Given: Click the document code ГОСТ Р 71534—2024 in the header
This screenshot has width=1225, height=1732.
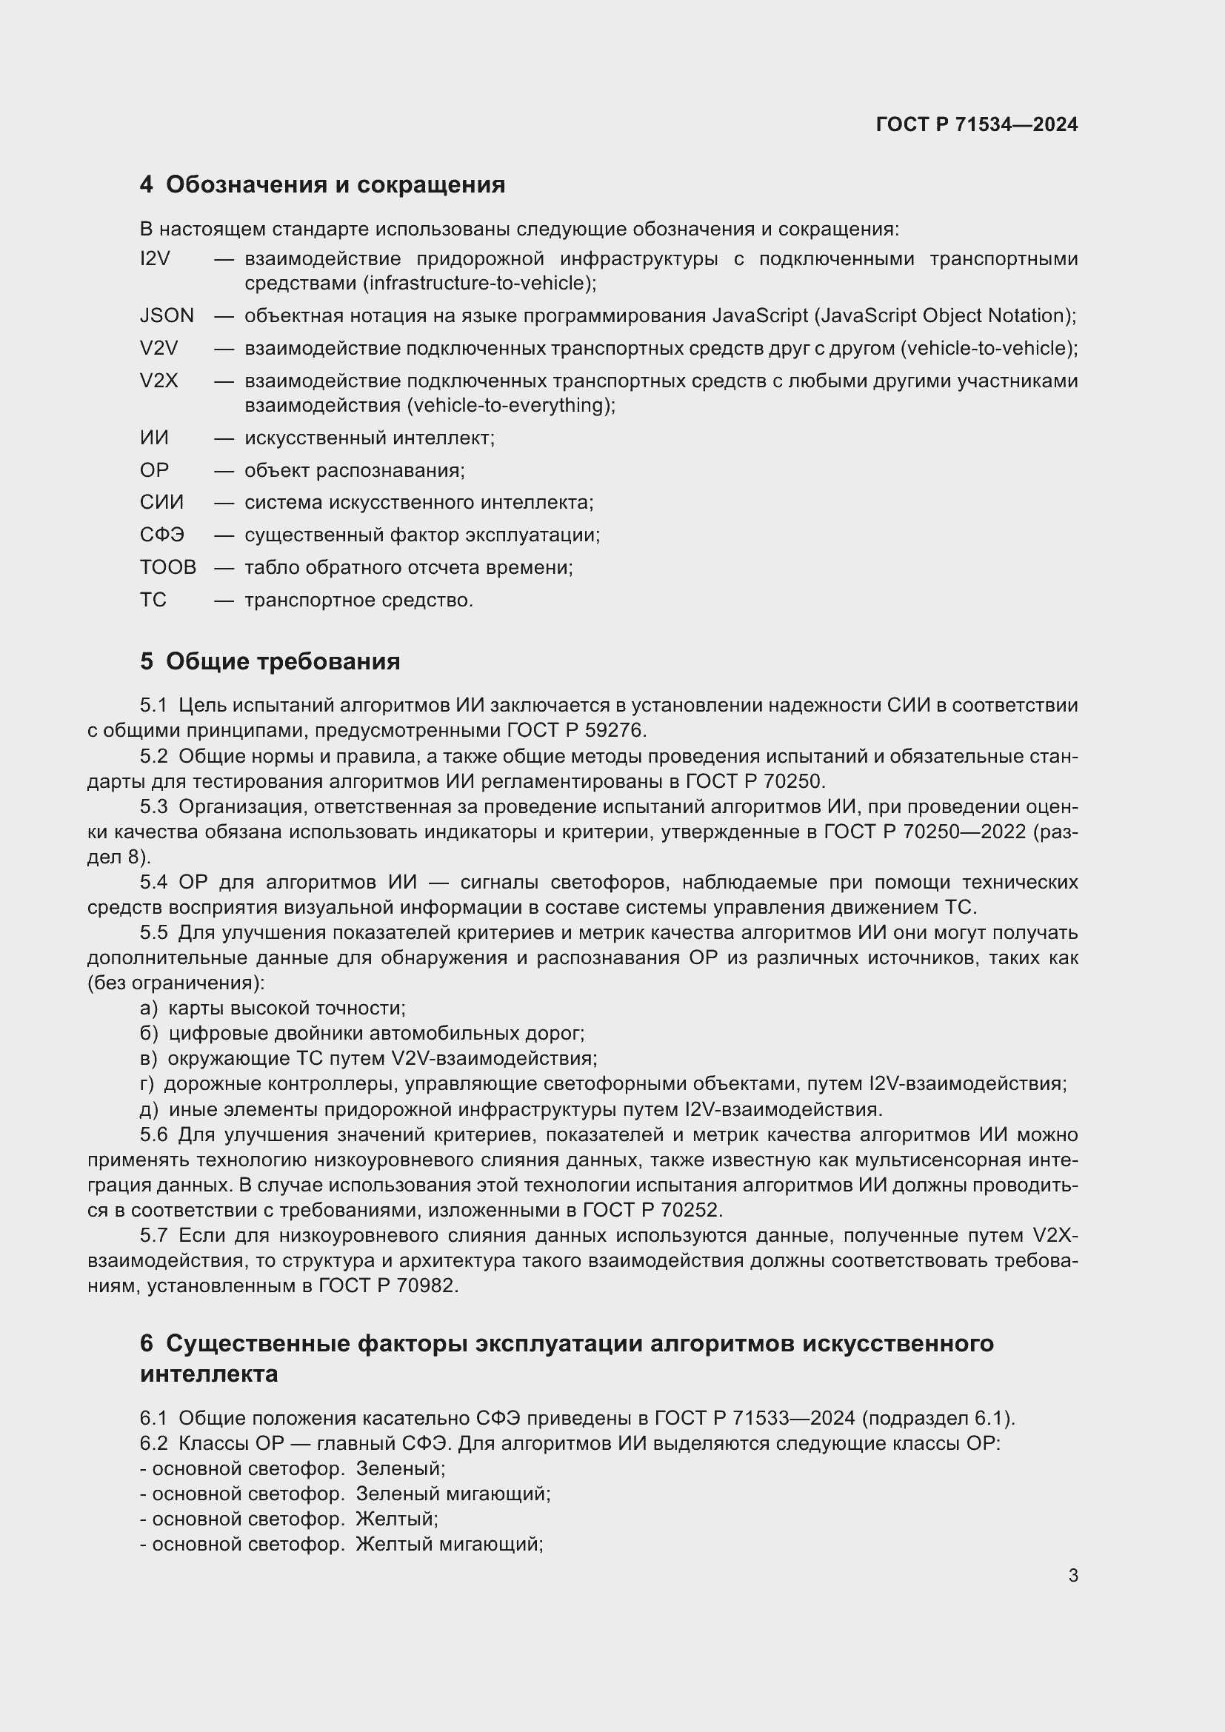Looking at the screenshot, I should (976, 125).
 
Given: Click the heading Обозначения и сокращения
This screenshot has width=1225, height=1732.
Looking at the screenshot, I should (335, 185).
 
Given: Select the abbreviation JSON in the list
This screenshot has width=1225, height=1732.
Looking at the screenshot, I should (167, 316).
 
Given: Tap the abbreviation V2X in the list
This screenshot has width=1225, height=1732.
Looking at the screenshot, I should (158, 381).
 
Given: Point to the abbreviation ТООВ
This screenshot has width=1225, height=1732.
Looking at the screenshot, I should (167, 567).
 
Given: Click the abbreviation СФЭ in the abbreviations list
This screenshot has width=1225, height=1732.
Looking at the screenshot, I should (161, 535).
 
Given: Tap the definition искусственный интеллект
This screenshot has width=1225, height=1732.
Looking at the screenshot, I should (369, 438).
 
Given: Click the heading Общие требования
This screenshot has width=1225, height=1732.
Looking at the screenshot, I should (283, 661).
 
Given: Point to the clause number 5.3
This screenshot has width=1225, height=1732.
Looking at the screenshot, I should (153, 807).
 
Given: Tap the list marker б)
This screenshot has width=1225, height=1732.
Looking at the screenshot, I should (149, 1034).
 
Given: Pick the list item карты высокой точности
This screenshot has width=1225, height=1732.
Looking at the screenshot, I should (287, 1009).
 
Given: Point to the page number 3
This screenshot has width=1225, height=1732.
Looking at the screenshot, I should (1072, 1576).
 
